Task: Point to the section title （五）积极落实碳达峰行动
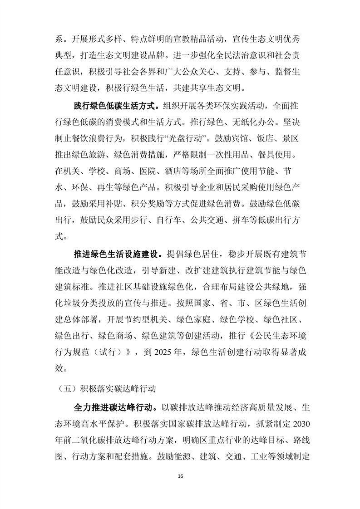tap(106, 388)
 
